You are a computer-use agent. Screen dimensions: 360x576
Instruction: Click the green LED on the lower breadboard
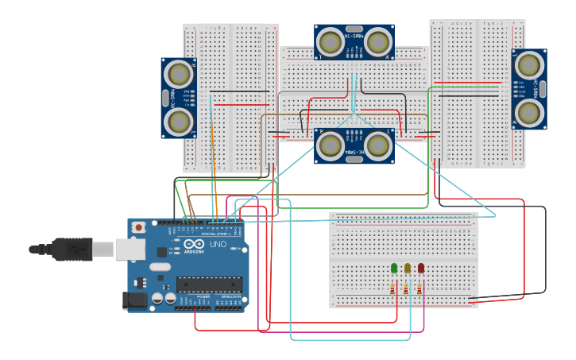coord(394,269)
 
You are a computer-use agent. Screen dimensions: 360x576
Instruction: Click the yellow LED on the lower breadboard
coord(408,269)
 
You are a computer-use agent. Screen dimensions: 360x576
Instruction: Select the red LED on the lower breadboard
coord(421,269)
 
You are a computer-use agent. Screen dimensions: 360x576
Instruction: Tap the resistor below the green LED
coord(394,290)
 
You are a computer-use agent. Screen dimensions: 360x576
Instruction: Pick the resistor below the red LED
coord(420,290)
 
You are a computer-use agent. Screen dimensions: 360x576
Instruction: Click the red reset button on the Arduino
coord(139,227)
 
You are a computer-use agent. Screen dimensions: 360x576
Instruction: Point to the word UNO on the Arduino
coord(218,246)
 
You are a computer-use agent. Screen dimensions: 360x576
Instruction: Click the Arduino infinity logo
coord(193,245)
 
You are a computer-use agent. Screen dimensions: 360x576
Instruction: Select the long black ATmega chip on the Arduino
coord(210,284)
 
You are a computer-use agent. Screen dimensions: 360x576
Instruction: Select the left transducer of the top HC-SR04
coord(330,42)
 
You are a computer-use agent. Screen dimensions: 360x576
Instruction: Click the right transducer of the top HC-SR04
coord(378,42)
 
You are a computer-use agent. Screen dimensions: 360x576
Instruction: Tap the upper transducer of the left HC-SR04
coord(180,74)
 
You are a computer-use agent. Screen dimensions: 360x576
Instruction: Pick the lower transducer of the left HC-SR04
coord(180,122)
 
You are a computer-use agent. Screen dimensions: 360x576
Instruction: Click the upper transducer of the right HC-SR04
coord(529,65)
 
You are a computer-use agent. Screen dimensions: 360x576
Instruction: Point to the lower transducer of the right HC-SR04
coord(529,113)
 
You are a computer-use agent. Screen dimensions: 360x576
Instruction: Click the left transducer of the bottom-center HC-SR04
coord(330,145)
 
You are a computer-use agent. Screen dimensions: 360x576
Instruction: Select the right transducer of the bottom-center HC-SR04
coord(378,145)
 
